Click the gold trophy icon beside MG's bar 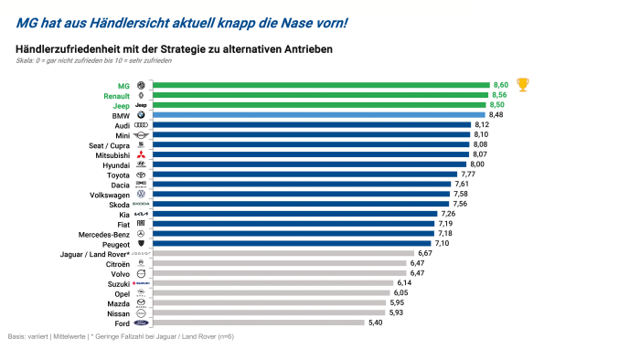[523, 85]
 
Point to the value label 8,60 [501, 85]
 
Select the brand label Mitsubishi [111, 155]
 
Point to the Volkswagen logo [141, 194]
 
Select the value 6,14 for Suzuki [406, 283]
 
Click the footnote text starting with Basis [120, 336]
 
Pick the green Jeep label [122, 106]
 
